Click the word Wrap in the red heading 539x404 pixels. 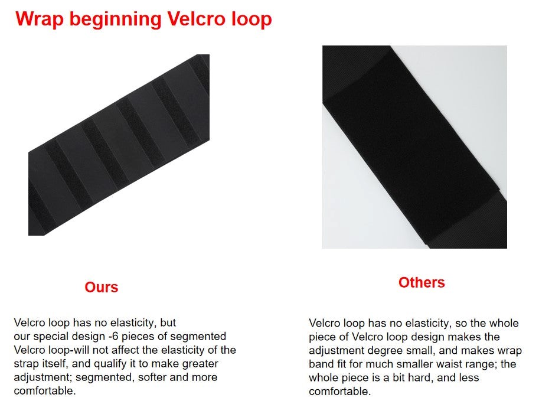(40, 19)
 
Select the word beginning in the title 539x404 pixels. (116, 20)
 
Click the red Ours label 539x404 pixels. (102, 287)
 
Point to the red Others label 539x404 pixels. (422, 282)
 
